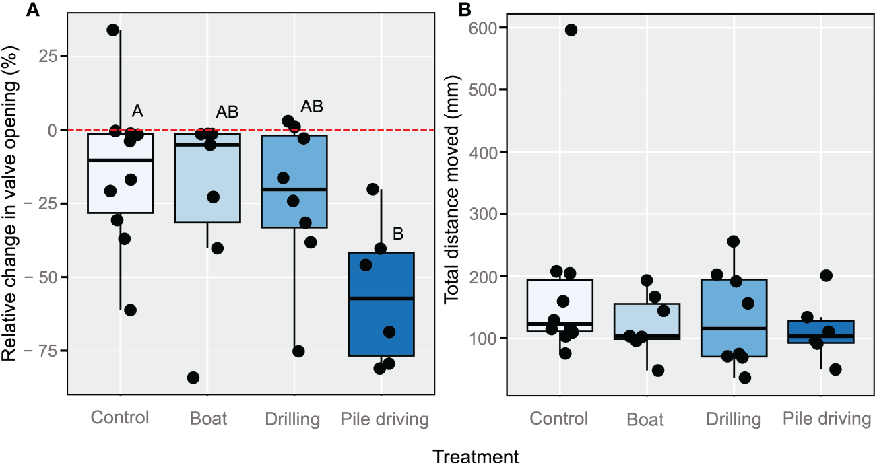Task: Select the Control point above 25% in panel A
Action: pyautogui.click(x=113, y=30)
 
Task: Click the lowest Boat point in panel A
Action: pyautogui.click(x=193, y=378)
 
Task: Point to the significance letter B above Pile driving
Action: pyautogui.click(x=397, y=234)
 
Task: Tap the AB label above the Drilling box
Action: pyautogui.click(x=311, y=106)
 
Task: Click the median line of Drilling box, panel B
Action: pyautogui.click(x=734, y=328)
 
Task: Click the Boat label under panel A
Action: pyautogui.click(x=207, y=419)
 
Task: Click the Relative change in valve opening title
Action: pyautogui.click(x=10, y=202)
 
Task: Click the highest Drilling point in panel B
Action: pyautogui.click(x=734, y=241)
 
